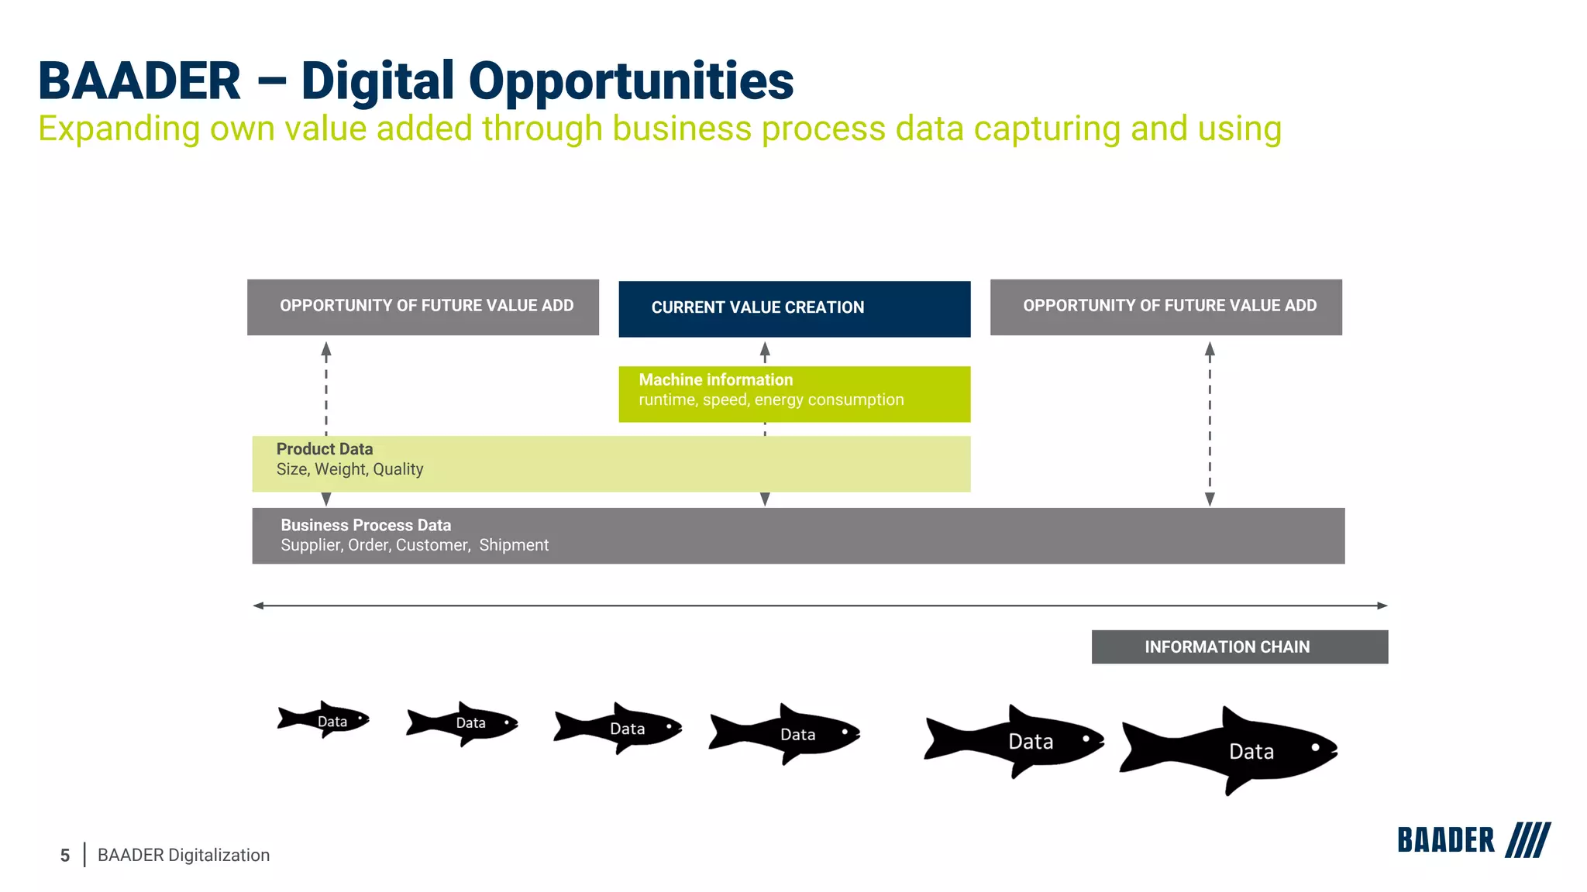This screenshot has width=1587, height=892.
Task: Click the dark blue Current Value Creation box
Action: [x=793, y=308]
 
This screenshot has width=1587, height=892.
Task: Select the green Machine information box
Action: [x=793, y=393]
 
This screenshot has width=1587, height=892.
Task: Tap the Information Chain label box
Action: [x=1239, y=647]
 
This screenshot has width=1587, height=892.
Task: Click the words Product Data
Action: [x=324, y=449]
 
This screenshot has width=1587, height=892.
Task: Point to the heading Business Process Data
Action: [x=365, y=525]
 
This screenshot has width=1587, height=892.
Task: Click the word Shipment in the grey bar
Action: [x=513, y=545]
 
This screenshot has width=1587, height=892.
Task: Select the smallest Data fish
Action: [x=324, y=720]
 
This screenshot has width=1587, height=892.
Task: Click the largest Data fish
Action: [x=1232, y=750]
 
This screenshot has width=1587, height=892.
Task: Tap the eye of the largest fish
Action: [x=1315, y=747]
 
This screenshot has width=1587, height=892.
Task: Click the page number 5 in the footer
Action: [x=65, y=856]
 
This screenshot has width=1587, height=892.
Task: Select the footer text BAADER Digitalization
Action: [x=183, y=855]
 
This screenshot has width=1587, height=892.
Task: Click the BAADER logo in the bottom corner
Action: [x=1445, y=840]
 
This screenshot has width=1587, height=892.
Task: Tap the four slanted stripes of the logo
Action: [x=1527, y=840]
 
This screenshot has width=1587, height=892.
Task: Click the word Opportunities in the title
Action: [x=631, y=81]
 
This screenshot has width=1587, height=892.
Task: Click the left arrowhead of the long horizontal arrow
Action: [x=259, y=606]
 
